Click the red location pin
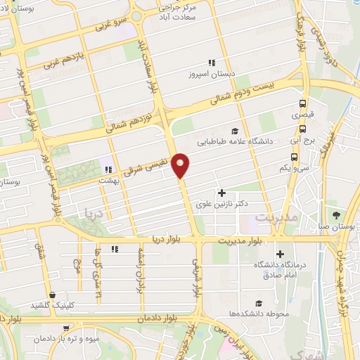point(181,165)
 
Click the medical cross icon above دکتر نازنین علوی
point(221,192)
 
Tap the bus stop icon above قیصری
point(303,101)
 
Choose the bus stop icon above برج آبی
point(302,129)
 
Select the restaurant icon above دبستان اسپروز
point(211,63)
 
